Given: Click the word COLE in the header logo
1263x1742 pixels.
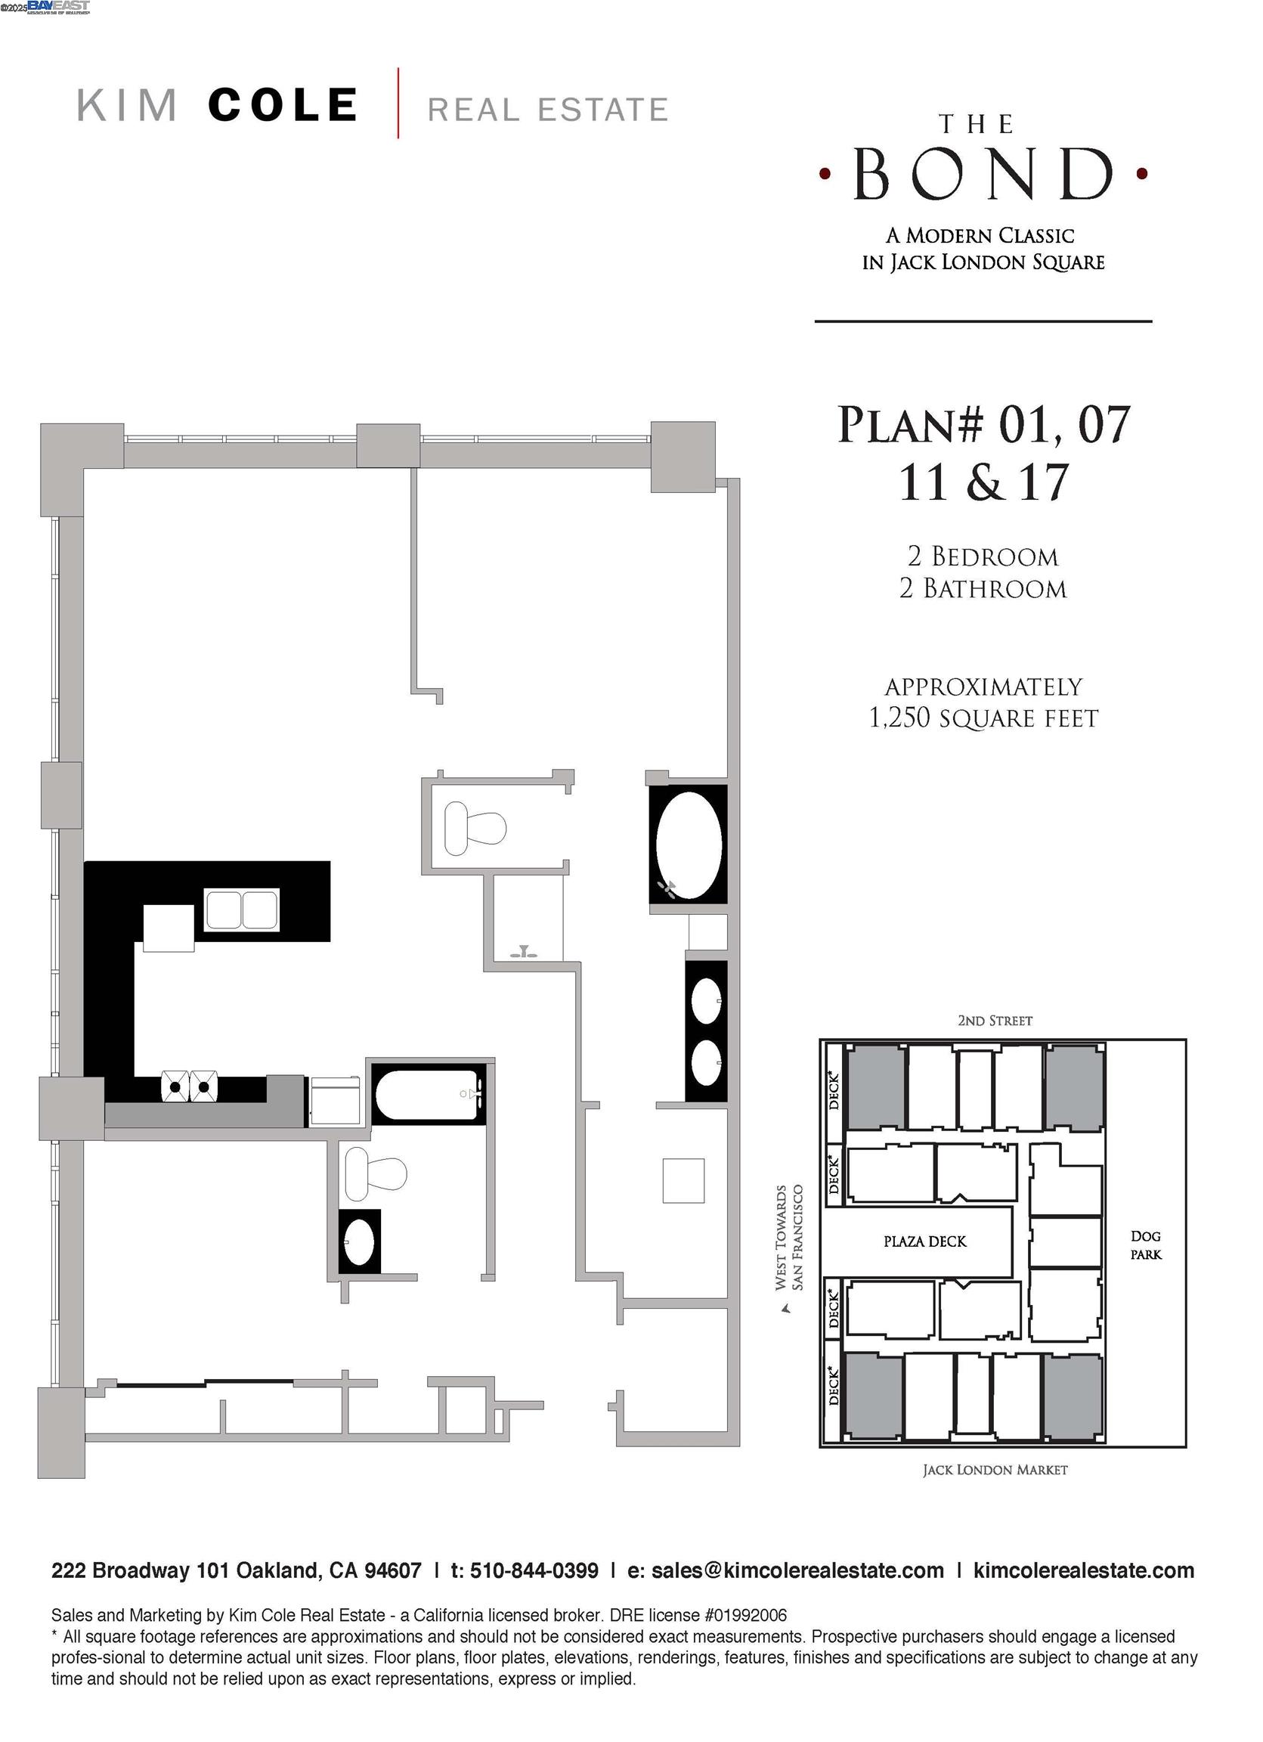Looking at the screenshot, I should (x=283, y=105).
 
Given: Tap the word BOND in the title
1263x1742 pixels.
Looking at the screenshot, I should (x=983, y=174).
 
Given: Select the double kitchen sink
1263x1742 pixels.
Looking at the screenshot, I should (x=242, y=910).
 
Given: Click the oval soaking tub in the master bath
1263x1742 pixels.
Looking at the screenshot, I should (x=688, y=845).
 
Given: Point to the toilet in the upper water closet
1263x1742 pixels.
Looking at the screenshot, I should (x=475, y=828).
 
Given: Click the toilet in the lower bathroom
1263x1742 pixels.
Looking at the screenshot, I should (x=375, y=1173).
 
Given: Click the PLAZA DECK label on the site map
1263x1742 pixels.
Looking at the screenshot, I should (x=924, y=1241).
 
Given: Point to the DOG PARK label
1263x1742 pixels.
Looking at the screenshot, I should (x=1145, y=1245).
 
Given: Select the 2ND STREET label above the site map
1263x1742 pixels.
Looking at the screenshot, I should (x=994, y=1021).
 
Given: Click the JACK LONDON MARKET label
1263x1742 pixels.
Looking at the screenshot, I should (x=994, y=1469).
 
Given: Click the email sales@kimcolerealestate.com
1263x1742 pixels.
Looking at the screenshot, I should (x=797, y=1570).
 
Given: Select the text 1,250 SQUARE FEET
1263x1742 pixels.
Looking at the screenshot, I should (x=983, y=719).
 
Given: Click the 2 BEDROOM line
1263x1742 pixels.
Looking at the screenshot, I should (x=983, y=556).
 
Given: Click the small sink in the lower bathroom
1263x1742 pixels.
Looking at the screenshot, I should (x=358, y=1242).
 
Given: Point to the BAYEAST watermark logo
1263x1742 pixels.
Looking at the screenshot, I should (x=58, y=7).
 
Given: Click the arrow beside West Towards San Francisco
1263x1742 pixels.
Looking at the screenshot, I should (x=785, y=1310).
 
